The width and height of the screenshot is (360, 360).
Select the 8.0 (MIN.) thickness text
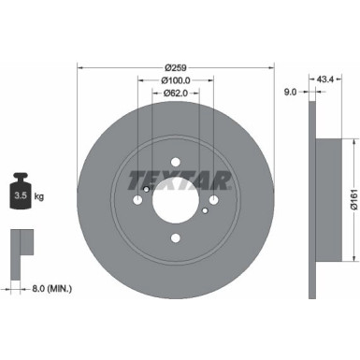click(x=53, y=289)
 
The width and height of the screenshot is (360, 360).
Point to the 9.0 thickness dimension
click(x=289, y=92)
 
